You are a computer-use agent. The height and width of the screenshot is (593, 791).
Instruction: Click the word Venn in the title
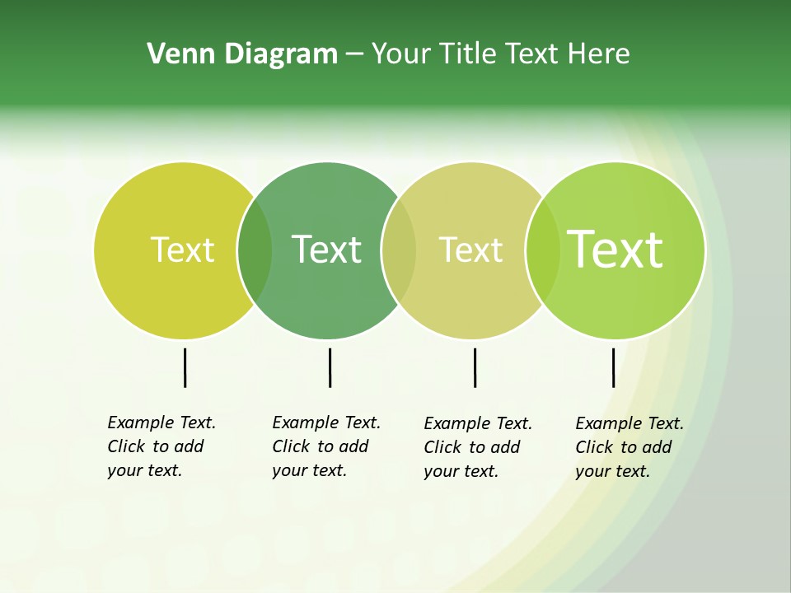click(x=174, y=54)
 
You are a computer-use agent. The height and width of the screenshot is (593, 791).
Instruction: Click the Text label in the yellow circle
click(x=182, y=250)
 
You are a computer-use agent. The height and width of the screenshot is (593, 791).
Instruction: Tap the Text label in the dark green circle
click(x=326, y=250)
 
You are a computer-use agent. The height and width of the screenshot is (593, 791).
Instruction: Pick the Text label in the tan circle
click(x=470, y=250)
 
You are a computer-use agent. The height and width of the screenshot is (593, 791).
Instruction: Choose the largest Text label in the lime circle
click(x=615, y=249)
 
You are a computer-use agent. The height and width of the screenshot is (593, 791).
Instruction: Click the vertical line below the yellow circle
click(x=185, y=367)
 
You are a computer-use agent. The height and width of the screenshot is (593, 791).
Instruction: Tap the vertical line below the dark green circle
click(x=330, y=367)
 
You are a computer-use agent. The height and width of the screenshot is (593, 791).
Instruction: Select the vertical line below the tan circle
click(x=475, y=367)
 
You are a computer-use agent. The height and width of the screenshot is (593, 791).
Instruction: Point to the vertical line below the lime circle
click(x=613, y=367)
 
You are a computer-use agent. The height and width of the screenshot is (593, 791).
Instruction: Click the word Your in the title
click(x=401, y=54)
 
